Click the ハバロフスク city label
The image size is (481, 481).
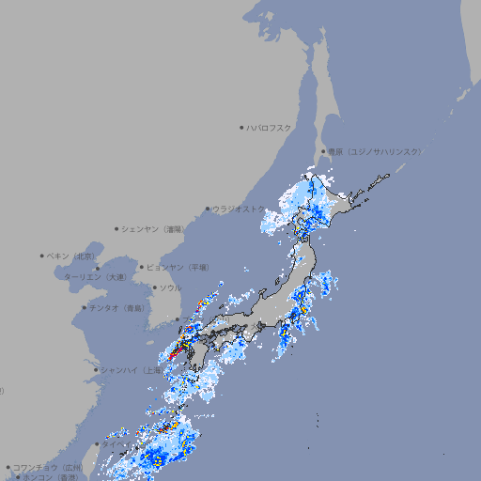pos(270,127)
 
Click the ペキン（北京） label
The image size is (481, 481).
pos(71,256)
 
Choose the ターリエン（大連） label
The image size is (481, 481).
pos(94,277)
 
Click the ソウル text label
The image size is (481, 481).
pos(170,287)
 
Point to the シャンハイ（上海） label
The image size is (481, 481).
pos(130,370)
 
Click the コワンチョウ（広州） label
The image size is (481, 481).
pos(47,467)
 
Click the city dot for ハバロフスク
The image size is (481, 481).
pos(241,127)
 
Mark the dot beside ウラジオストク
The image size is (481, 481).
pos(208,209)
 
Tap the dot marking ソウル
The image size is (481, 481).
pos(154,287)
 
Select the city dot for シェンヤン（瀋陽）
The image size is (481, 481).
pos(116,228)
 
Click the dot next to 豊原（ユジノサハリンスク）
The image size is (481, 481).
pos(323,151)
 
